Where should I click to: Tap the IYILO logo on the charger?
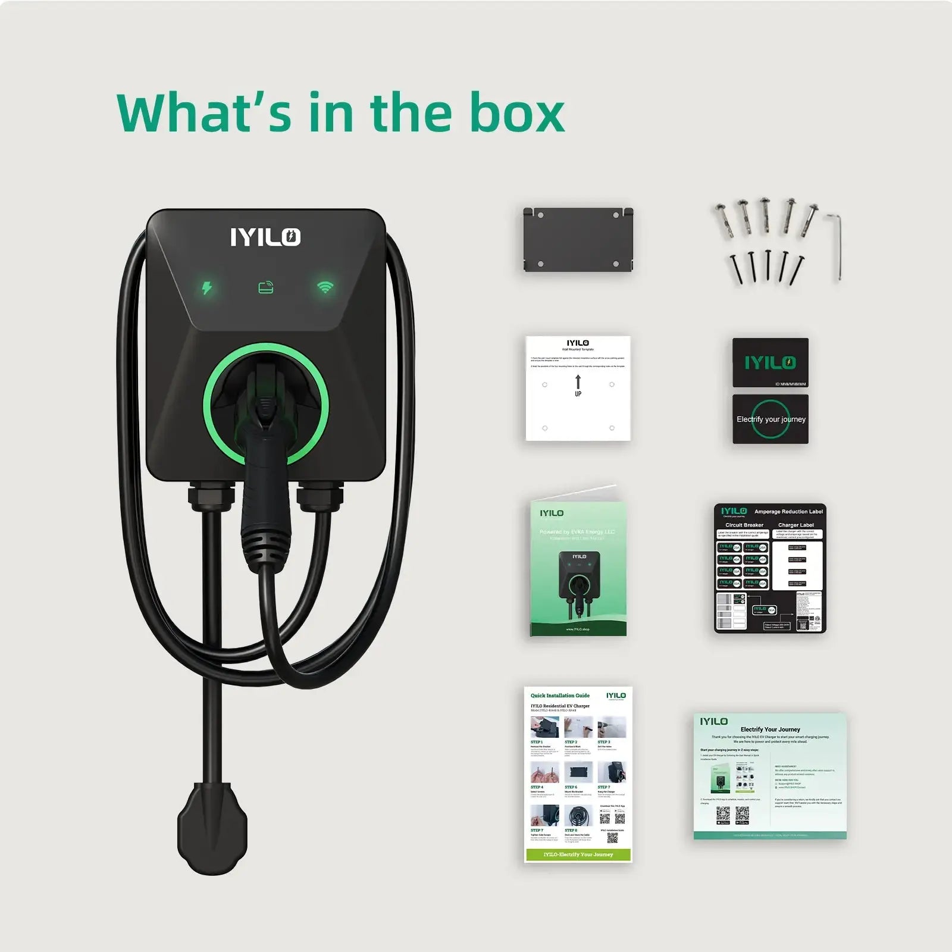point(265,237)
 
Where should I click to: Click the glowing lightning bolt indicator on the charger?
point(206,288)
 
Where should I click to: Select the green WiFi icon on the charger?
point(325,287)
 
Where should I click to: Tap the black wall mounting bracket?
point(578,239)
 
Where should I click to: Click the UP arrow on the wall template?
point(578,382)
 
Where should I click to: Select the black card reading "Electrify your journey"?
point(771,419)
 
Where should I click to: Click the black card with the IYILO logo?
point(770,362)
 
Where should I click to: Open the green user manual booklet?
point(578,568)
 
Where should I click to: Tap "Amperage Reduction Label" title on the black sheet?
point(788,512)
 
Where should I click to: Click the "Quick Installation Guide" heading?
point(560,696)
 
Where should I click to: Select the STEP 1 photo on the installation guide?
point(544,727)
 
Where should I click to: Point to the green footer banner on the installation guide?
point(578,854)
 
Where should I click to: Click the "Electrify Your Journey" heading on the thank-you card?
point(770,729)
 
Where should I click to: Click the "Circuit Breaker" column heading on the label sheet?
point(744,525)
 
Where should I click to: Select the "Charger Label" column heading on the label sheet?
point(796,525)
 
